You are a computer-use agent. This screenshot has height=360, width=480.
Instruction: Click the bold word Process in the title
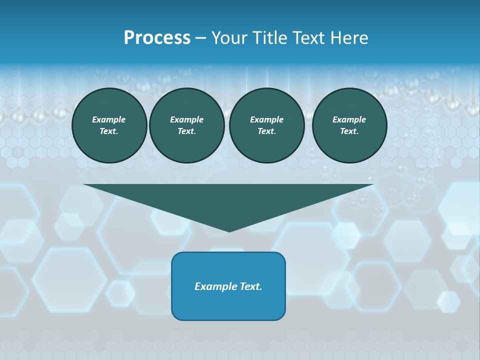[157, 38]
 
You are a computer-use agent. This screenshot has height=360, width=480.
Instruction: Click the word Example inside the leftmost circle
[109, 119]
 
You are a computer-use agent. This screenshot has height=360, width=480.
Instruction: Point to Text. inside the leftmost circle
[109, 131]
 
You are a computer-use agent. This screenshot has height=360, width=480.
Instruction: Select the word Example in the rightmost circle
[349, 119]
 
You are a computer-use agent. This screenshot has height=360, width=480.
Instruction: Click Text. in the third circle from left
[266, 131]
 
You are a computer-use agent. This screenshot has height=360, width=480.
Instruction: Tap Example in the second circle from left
[186, 119]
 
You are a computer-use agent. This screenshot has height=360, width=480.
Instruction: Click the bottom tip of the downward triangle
[229, 230]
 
